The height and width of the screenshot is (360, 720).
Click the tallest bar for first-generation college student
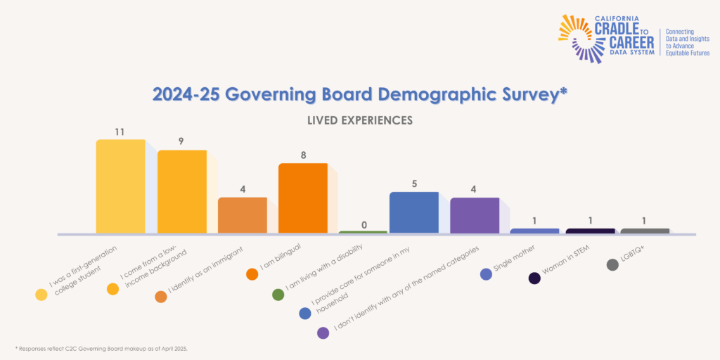coord(120,186)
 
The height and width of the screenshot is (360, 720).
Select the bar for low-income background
coord(181,191)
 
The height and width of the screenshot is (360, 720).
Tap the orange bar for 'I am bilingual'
coord(303,198)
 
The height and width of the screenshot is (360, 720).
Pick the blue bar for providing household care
coord(413,212)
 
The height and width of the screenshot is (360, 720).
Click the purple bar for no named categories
coord(475,215)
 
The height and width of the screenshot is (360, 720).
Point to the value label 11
coord(120,131)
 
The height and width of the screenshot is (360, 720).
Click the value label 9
coord(181,141)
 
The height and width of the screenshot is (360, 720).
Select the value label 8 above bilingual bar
coord(303,155)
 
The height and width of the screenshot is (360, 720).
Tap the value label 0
coord(364,224)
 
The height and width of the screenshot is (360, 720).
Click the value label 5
coord(413,184)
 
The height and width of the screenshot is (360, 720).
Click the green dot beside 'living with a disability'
coord(278,295)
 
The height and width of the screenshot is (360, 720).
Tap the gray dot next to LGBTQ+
coord(612,264)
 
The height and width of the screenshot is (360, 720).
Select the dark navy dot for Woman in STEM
coord(534,278)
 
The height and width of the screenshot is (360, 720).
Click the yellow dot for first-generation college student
coord(41,295)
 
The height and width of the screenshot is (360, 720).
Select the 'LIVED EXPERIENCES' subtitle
coord(359,120)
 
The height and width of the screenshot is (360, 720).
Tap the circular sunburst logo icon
coord(577,37)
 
